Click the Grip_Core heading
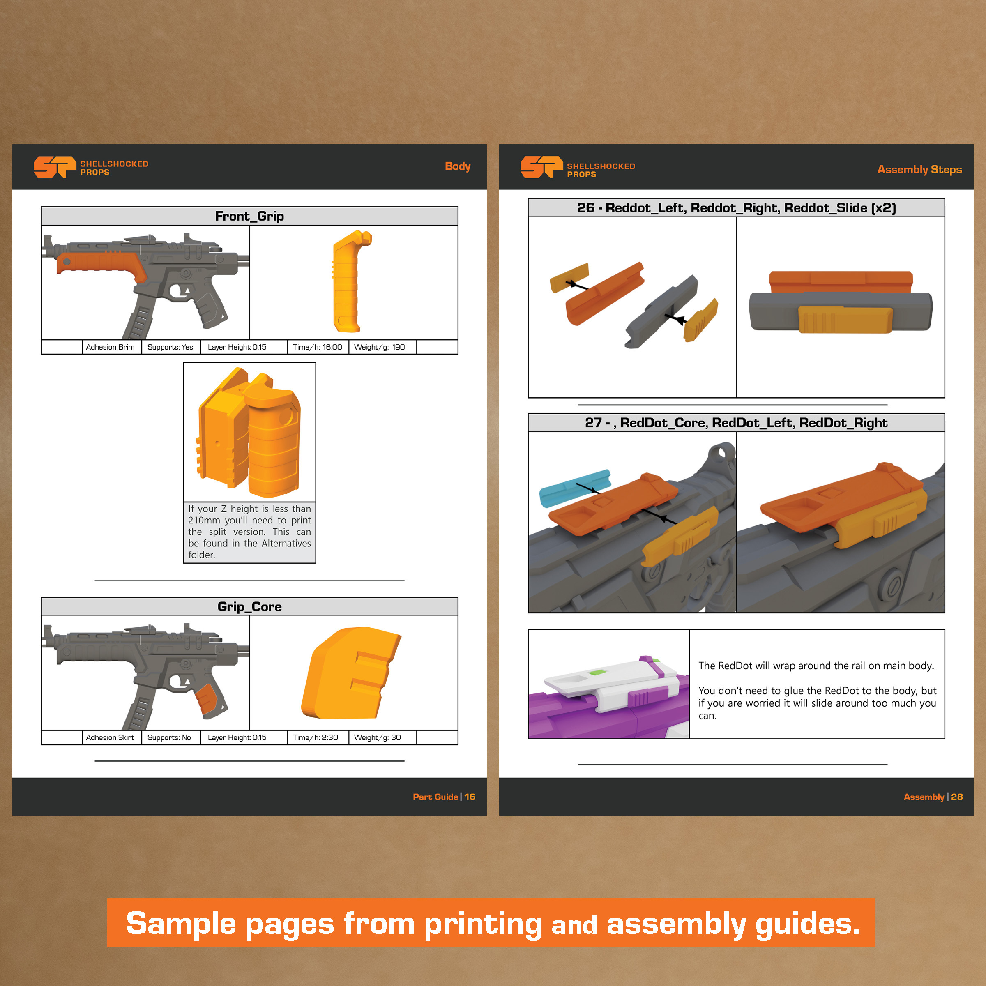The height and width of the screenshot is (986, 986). tap(249, 606)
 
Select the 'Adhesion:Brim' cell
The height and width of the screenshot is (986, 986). tap(110, 347)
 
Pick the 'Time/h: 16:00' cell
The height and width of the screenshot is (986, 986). tap(318, 347)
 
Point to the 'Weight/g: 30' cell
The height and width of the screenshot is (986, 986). tap(378, 737)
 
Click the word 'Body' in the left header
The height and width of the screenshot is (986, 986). tap(457, 166)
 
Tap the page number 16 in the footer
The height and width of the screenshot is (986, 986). tap(470, 797)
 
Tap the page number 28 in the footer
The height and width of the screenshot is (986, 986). tap(957, 797)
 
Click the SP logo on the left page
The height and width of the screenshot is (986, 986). tap(55, 167)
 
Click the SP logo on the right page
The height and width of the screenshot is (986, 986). tap(541, 167)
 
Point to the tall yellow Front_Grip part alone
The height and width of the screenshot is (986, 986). tap(350, 281)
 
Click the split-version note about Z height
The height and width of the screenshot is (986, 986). tap(249, 531)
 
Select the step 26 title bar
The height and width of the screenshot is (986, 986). tap(736, 208)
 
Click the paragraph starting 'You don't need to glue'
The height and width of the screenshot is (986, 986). tap(817, 703)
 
